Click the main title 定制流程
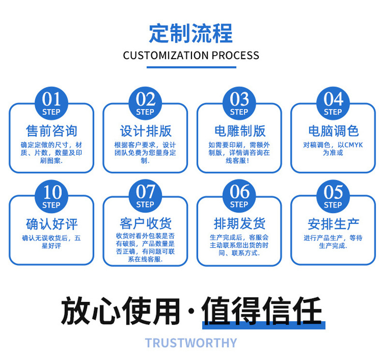tap(191, 32)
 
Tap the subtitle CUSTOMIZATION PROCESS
tap(191, 55)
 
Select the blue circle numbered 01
tap(51, 103)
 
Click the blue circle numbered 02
tap(145, 103)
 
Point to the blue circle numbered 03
tap(239, 103)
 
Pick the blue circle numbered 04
tap(333, 103)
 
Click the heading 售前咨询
tap(51, 131)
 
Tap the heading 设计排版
tap(145, 131)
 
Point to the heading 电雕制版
tap(239, 131)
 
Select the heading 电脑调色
tap(333, 131)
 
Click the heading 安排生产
tap(333, 224)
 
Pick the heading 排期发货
tap(239, 224)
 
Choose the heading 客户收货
tap(145, 224)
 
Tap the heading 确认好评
tap(51, 224)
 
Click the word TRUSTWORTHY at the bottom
tap(191, 343)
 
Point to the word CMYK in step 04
tap(353, 145)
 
